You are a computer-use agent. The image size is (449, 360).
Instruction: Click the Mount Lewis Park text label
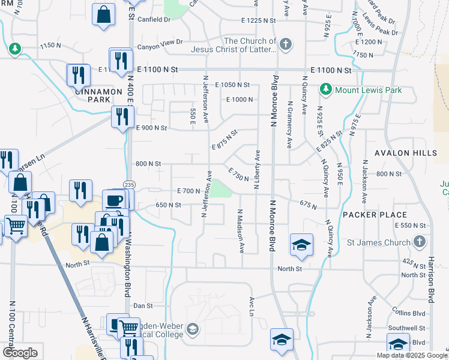tap(368, 90)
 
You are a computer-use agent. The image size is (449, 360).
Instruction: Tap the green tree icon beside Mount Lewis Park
tap(326, 89)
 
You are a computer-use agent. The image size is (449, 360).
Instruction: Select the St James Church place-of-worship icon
tap(420, 242)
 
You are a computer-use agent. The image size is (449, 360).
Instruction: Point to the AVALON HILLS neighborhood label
tap(405, 154)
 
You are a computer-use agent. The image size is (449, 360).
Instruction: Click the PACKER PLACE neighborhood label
tap(375, 214)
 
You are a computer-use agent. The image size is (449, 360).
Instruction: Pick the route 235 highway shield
tap(128, 184)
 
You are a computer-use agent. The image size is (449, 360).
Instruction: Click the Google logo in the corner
tap(20, 353)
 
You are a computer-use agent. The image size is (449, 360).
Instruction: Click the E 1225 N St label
tap(258, 20)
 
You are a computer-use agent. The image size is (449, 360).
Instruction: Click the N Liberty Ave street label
tap(257, 170)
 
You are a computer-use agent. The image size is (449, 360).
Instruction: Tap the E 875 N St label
tap(225, 139)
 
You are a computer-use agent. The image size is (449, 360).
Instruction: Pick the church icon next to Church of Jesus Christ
tap(286, 43)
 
